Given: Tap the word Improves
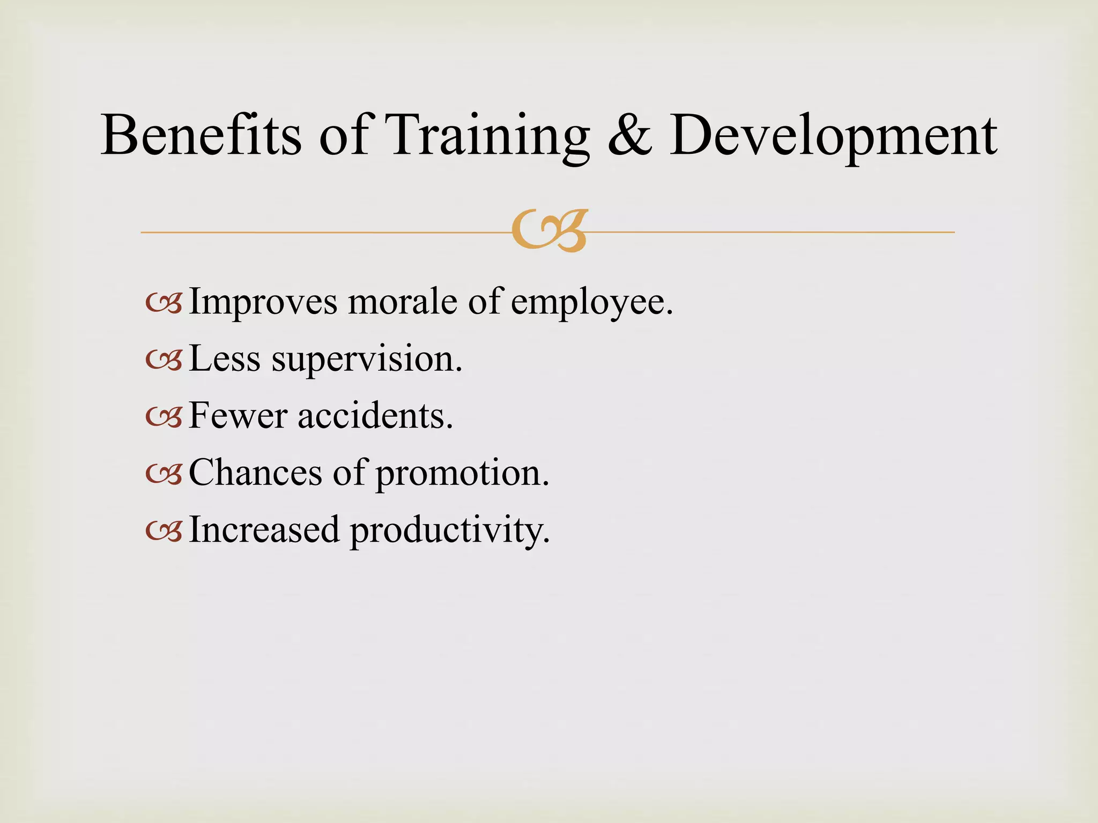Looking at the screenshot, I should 263,302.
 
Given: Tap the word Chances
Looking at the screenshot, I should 255,473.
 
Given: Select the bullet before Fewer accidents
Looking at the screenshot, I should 164,418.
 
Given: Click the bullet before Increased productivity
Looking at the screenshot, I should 164,532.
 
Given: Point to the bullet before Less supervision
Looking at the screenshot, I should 164,361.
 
